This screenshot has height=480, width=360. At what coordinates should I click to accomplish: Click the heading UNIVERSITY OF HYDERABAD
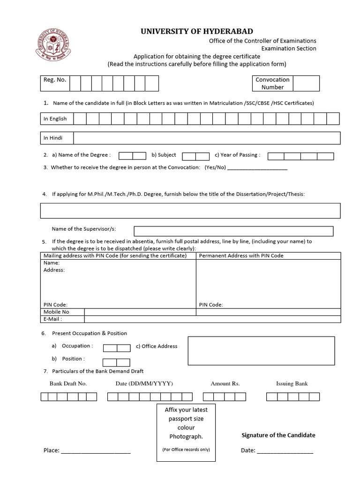point(197,31)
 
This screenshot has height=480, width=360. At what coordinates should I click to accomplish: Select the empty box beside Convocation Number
point(306,83)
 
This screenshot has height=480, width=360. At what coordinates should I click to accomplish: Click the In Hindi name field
point(207,138)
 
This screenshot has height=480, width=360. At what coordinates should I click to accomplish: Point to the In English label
point(55,119)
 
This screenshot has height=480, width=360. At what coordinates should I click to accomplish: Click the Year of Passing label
point(237,155)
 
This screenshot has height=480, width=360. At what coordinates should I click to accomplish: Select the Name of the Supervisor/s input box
point(233,231)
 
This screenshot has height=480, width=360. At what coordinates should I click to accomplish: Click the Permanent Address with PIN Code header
point(241,255)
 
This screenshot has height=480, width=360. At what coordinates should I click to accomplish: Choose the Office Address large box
point(261,353)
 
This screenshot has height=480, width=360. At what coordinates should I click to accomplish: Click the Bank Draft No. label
point(68,383)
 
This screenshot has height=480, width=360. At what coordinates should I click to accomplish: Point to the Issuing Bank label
point(292,383)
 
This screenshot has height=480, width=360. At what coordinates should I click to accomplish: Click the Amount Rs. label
point(225,383)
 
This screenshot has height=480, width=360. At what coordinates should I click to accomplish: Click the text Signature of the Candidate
point(278,435)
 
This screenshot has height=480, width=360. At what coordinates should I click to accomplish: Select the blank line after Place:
point(96,451)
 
